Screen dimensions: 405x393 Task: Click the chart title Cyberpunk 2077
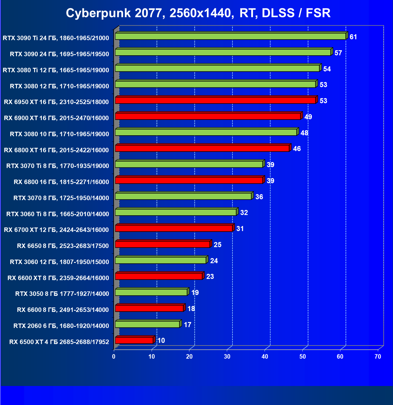click(x=198, y=13)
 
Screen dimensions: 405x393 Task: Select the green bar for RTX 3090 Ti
click(x=230, y=36)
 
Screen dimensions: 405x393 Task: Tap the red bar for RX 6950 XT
click(x=215, y=100)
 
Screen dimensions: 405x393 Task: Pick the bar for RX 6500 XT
click(x=134, y=340)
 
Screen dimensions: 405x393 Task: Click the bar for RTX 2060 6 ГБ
click(x=147, y=324)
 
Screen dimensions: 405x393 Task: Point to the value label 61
click(x=353, y=37)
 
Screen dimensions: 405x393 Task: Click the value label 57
click(x=338, y=53)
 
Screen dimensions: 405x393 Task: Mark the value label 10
click(x=161, y=340)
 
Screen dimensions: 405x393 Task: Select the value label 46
click(x=297, y=149)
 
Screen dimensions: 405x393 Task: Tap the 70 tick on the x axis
click(x=378, y=357)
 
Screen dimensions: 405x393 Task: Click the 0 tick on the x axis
click(x=114, y=357)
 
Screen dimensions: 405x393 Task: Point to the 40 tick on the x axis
click(x=265, y=357)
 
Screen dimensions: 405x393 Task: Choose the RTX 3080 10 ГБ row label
click(x=59, y=134)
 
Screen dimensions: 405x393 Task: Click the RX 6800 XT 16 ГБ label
click(x=56, y=150)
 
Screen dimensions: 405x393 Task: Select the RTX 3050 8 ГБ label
click(x=62, y=294)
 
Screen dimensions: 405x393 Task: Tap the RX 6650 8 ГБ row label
click(x=63, y=246)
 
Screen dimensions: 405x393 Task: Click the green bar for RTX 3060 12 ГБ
click(x=161, y=260)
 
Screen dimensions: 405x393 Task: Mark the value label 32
click(x=244, y=213)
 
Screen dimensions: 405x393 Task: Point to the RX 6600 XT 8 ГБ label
click(x=58, y=278)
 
